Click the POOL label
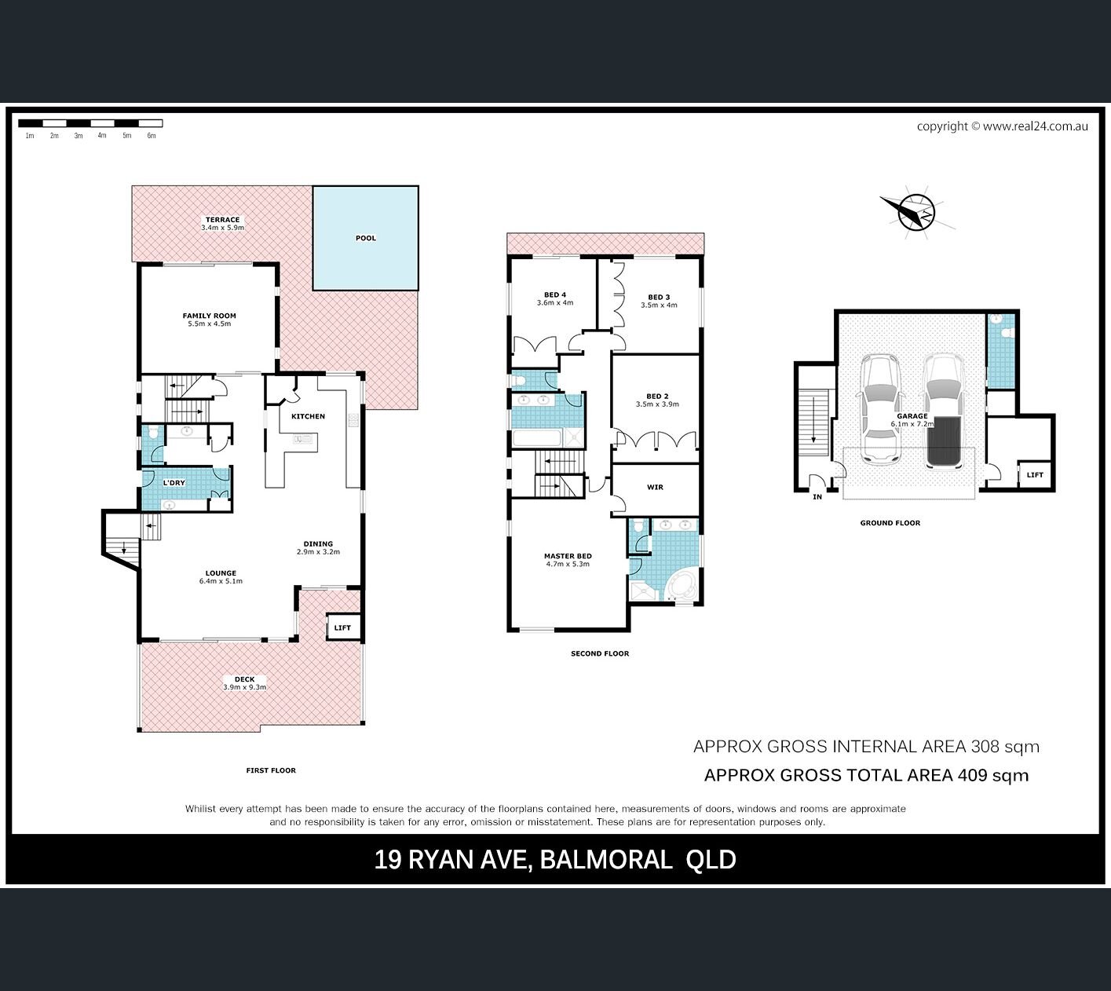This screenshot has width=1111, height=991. point(366,238)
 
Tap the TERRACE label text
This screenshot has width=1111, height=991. point(223,219)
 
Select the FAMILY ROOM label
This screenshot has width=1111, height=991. point(210,316)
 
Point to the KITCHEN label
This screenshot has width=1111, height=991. point(309,416)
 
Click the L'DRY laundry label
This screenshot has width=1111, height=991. point(174,483)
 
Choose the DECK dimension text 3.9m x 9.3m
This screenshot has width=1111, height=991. point(244,687)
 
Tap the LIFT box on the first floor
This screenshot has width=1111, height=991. point(343,627)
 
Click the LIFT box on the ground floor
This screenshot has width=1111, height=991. point(1035,475)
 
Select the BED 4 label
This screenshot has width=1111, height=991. point(556,294)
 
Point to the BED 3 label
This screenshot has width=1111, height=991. point(660,298)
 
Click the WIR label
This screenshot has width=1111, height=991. point(656,487)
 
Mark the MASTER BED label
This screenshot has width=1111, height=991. point(568,556)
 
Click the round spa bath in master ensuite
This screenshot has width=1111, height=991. point(681,587)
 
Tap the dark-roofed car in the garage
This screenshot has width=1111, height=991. point(943,412)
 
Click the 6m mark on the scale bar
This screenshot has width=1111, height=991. point(152,136)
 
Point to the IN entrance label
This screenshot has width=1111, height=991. point(817,497)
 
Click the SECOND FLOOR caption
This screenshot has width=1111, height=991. point(600,653)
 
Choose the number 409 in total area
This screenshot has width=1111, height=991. point(973,776)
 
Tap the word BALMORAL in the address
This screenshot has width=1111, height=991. point(606,859)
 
